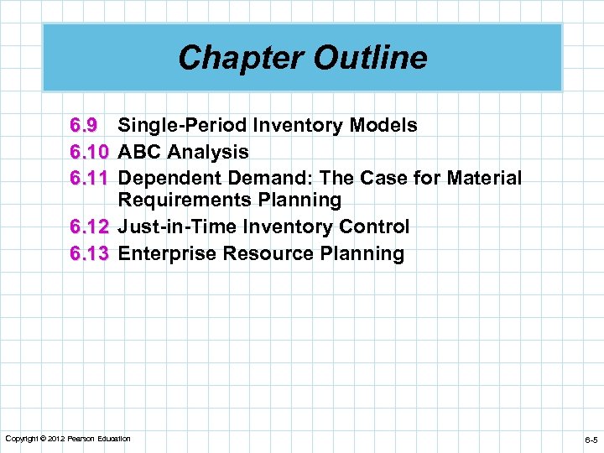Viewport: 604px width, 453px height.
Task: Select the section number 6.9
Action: (x=84, y=126)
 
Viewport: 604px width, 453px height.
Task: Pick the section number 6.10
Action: (x=90, y=152)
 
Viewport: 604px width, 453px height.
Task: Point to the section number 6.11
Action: (x=90, y=178)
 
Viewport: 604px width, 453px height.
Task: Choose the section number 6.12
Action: (x=90, y=226)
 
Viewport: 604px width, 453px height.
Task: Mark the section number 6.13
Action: (x=90, y=253)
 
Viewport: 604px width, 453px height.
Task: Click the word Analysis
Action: (x=208, y=152)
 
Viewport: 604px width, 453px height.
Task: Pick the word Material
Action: (x=486, y=178)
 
